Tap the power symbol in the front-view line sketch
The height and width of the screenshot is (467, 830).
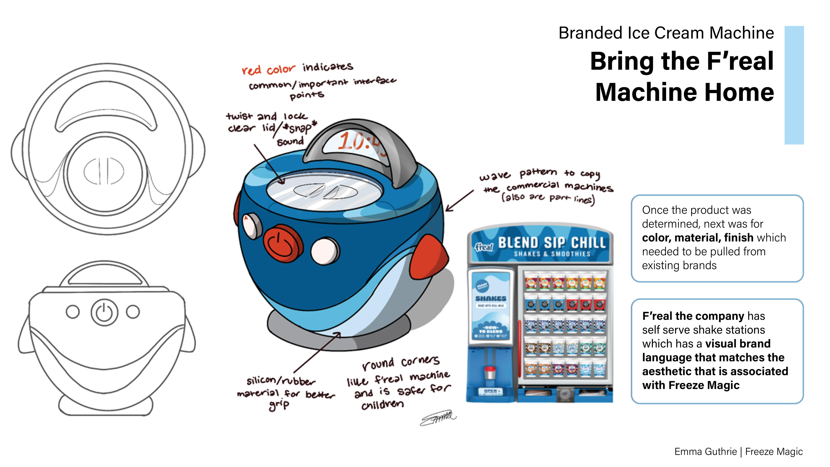(104, 312)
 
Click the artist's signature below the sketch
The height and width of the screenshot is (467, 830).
(438, 418)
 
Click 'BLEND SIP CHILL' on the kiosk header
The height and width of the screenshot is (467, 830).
(552, 242)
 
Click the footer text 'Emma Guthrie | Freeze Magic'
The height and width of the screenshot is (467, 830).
(738, 451)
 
